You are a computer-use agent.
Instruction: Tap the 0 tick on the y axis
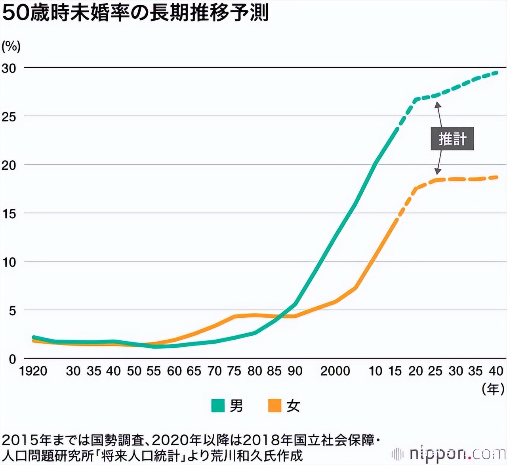click(x=12, y=359)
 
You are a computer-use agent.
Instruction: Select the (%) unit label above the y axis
click(x=11, y=47)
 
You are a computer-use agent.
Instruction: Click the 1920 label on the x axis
click(x=33, y=371)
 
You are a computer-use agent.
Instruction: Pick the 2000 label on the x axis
click(x=335, y=371)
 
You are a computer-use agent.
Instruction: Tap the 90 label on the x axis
click(x=295, y=371)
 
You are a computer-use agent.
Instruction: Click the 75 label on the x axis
click(x=234, y=371)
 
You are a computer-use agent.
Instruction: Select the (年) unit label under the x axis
click(x=493, y=389)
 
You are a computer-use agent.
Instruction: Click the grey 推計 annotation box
click(x=452, y=139)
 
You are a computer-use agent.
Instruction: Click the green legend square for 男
click(x=218, y=406)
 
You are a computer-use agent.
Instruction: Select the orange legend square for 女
click(x=274, y=406)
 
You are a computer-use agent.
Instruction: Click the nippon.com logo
click(x=449, y=453)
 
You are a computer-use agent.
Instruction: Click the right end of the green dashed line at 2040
click(x=497, y=72)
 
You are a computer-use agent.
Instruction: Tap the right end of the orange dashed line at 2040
click(x=497, y=177)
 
